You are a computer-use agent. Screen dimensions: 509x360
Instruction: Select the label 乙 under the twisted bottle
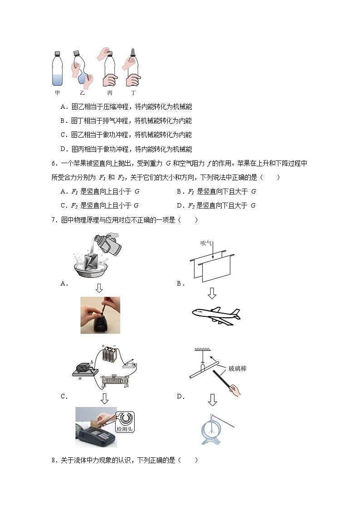(82, 93)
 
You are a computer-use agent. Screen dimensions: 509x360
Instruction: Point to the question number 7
(53, 220)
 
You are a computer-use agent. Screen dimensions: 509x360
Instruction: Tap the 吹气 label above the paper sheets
(206, 243)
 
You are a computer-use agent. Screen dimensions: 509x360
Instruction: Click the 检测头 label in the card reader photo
(126, 428)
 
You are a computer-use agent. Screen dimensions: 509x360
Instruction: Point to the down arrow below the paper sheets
(212, 293)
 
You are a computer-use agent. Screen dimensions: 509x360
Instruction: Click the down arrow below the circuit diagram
(105, 398)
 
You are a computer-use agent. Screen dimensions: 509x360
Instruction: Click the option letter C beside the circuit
(64, 397)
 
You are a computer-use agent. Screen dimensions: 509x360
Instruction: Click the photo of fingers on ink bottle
(100, 315)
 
